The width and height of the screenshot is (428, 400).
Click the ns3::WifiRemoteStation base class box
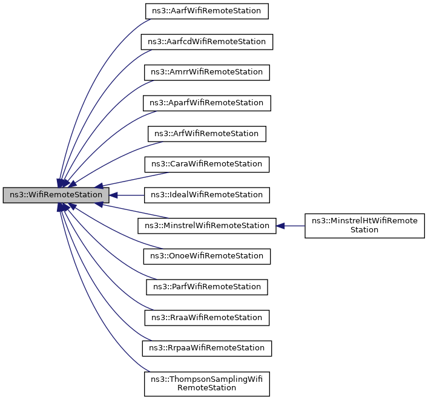pos(56,195)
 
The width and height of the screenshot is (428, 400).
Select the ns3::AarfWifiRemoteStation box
pos(206,11)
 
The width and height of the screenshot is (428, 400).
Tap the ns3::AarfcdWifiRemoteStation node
pos(206,42)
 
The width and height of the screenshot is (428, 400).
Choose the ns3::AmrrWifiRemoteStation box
pos(206,72)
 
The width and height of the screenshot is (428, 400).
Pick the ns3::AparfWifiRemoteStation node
pos(206,103)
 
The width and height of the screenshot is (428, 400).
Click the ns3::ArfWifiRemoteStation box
pos(206,134)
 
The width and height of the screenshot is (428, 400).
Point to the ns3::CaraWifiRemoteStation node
pos(206,164)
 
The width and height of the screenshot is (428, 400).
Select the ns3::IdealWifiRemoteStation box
pos(206,195)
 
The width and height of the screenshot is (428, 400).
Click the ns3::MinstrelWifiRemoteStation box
pos(206,226)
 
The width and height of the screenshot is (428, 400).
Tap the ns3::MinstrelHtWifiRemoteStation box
pos(364,225)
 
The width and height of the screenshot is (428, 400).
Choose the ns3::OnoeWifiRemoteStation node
pos(206,256)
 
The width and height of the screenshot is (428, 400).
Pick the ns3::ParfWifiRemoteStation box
pos(206,287)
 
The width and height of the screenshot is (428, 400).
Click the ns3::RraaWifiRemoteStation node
pos(206,317)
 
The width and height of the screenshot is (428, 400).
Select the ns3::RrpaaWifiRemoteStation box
pos(206,348)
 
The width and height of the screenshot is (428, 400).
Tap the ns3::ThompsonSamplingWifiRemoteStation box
pos(206,383)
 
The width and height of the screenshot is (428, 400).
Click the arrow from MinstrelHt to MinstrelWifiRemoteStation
pos(294,226)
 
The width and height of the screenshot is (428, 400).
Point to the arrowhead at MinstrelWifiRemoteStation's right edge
pos(280,226)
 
